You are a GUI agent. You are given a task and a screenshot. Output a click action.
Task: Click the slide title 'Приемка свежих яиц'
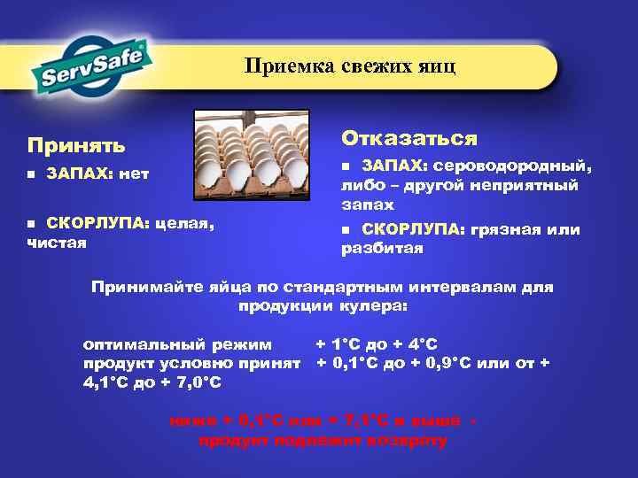click(x=350, y=67)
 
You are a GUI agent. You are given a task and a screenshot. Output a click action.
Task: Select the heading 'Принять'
click(x=76, y=143)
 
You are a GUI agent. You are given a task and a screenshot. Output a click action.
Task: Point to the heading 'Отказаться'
click(x=409, y=138)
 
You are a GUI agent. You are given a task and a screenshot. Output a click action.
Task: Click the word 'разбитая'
click(x=382, y=249)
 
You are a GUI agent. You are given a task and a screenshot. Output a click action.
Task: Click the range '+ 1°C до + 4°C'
click(x=377, y=343)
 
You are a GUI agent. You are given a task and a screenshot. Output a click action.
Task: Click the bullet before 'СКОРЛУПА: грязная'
click(x=346, y=230)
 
